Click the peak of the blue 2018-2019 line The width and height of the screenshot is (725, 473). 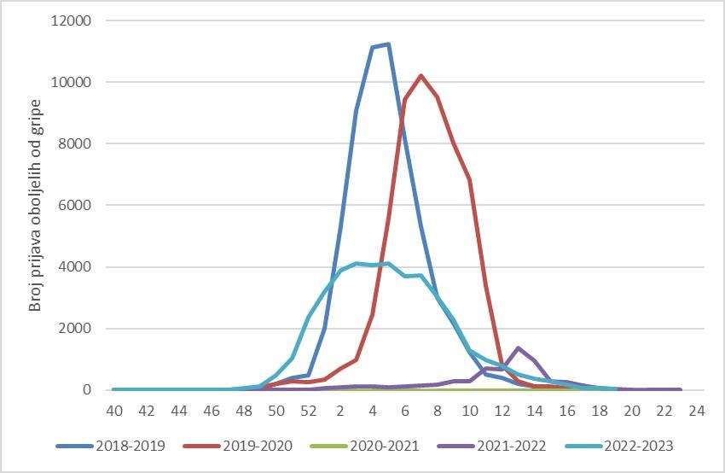click(x=388, y=44)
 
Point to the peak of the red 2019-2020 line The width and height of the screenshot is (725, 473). click(x=420, y=75)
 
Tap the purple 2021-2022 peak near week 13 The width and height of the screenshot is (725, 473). click(x=518, y=347)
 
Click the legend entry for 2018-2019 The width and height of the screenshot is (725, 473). click(x=110, y=446)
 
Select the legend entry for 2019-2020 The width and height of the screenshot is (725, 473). click(x=238, y=446)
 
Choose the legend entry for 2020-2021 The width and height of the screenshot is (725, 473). click(x=365, y=446)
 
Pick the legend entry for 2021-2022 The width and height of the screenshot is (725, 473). click(x=492, y=446)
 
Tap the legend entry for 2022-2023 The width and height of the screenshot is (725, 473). click(x=619, y=446)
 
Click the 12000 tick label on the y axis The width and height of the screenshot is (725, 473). click(x=70, y=20)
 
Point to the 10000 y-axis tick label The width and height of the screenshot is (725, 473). click(x=70, y=82)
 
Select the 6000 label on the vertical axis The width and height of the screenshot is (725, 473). click(x=74, y=205)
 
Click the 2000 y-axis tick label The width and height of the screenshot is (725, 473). click(x=74, y=328)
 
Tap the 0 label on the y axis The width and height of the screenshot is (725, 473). click(x=87, y=389)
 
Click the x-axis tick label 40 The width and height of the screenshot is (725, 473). click(x=114, y=411)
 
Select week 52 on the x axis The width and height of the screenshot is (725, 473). click(x=309, y=411)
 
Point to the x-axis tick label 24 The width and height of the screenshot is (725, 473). click(x=696, y=411)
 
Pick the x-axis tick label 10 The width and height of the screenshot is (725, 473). click(x=470, y=411)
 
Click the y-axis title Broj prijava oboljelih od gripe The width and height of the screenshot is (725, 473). click(x=35, y=206)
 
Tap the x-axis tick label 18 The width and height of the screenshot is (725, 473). click(x=600, y=411)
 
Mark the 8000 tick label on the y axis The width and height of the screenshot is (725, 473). click(x=74, y=143)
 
